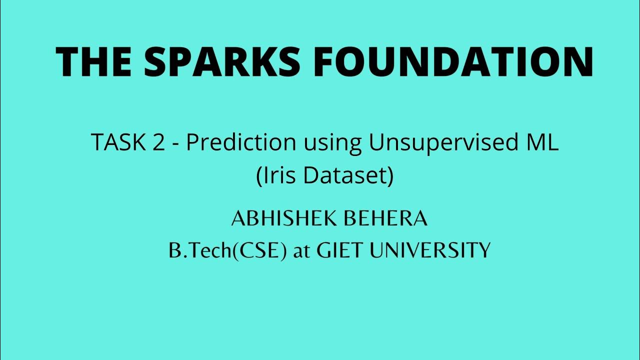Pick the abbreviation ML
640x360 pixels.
542,143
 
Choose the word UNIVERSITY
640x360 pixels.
429,250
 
